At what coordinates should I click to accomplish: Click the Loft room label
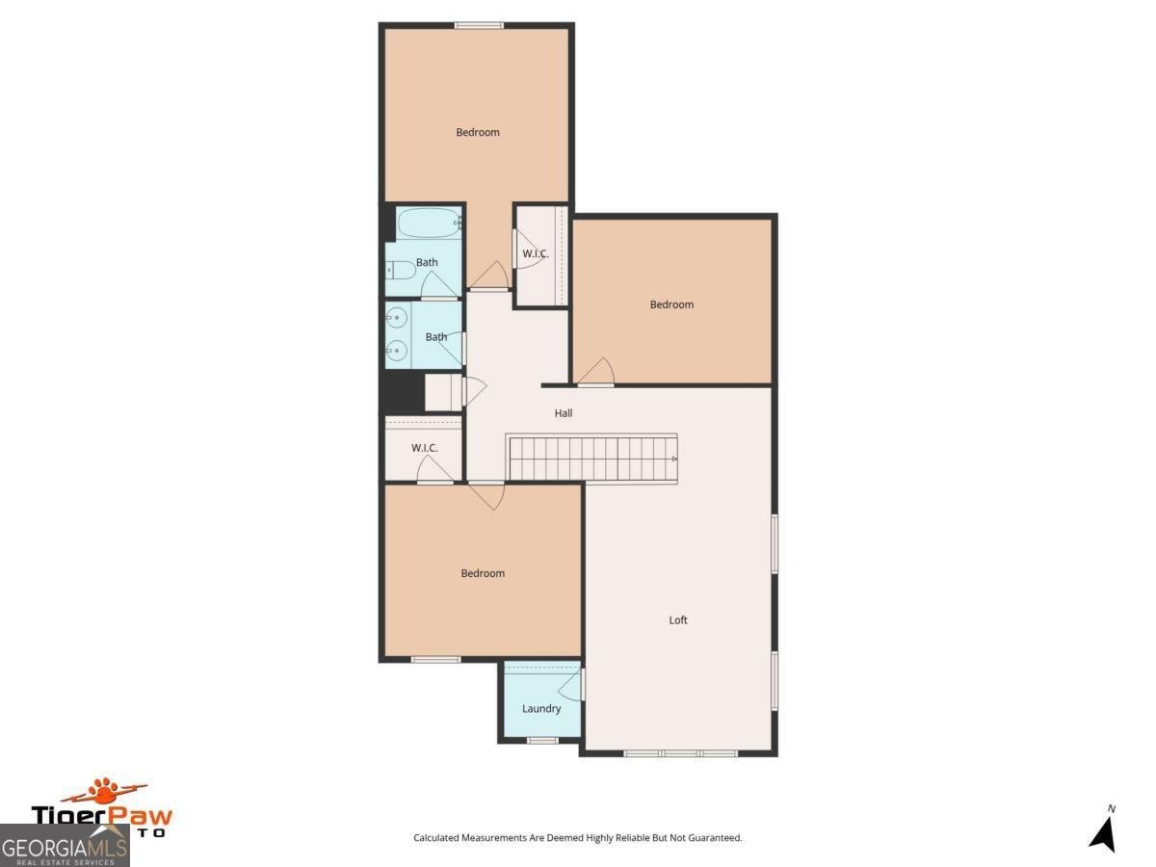[678, 620]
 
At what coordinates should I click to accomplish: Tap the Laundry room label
[541, 709]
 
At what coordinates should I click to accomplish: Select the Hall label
[564, 413]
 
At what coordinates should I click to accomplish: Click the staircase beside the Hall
[592, 458]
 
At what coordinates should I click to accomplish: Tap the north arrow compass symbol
[1103, 830]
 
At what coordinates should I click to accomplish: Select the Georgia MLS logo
[65, 846]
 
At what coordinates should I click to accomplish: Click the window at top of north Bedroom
[479, 25]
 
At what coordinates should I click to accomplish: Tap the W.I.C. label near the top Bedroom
[536, 254]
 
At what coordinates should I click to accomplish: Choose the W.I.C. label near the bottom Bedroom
[425, 448]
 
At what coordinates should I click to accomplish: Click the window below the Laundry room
[542, 740]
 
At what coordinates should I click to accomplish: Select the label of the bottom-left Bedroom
[483, 574]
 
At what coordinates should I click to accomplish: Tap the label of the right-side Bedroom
[671, 305]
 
